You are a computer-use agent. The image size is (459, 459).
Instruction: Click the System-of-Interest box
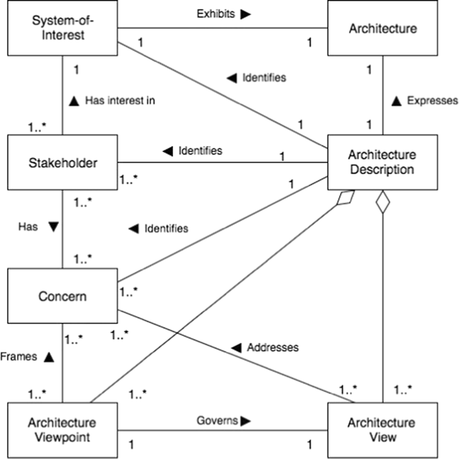coord(62,28)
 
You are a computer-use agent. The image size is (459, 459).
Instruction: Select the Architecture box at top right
coord(382,28)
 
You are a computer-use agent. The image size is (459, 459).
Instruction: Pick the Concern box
coord(62,296)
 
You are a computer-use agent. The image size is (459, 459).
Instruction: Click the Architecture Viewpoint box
coord(62,430)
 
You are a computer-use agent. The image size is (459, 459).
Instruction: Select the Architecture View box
coord(382,430)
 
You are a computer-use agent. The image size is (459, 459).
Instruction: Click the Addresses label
coord(273,348)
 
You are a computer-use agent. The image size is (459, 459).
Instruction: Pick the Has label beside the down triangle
coord(27,226)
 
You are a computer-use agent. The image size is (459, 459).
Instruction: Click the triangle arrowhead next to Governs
coord(247,421)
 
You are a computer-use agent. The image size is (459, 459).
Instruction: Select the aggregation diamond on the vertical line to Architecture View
coord(382,203)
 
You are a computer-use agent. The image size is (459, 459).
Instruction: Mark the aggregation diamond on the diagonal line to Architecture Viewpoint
coord(346,199)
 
